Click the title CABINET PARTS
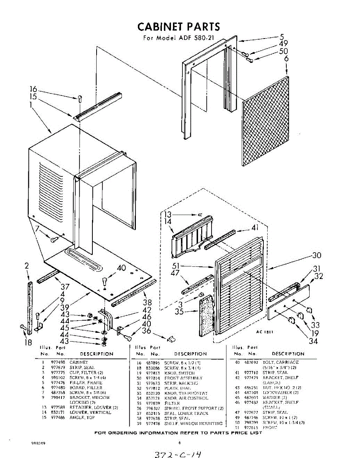(x=178, y=27)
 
